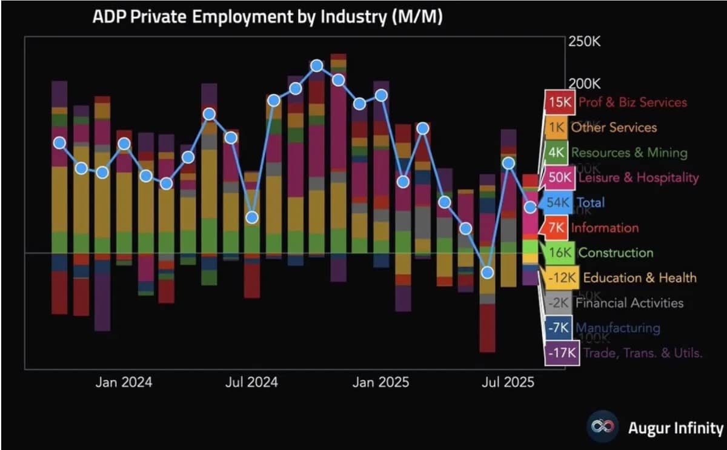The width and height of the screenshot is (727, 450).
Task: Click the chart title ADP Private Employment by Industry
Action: coord(267,17)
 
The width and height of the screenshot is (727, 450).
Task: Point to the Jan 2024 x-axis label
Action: coord(124,382)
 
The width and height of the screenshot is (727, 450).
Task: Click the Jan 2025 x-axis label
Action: coord(381,382)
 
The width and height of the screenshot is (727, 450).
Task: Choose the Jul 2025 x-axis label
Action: coord(507,382)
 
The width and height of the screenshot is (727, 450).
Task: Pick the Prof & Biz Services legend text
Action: coord(632,102)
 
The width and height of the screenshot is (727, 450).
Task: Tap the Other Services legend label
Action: coord(614,127)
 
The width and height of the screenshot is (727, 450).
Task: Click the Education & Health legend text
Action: coord(640,278)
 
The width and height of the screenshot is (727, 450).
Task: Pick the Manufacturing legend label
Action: coord(618,328)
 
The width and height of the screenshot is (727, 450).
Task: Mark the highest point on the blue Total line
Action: coord(316,65)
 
